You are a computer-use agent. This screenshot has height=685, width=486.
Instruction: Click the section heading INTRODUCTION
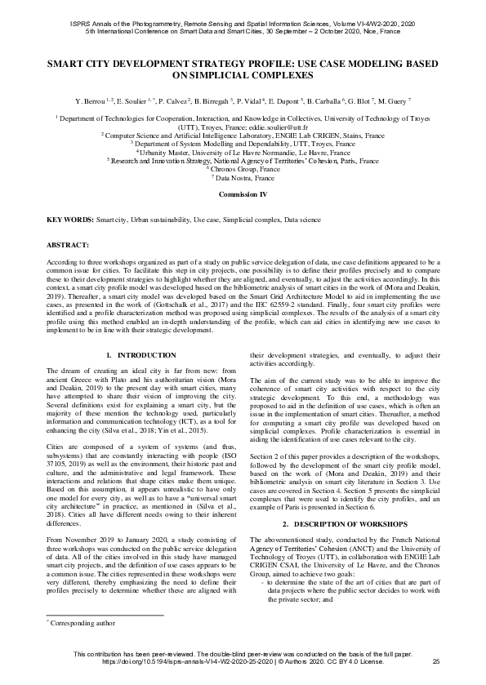coord(140,356)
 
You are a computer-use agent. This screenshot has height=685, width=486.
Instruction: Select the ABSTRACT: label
coord(69,244)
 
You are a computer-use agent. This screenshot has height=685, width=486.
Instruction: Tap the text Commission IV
coord(243,196)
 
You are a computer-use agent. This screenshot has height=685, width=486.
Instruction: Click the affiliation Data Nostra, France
coord(243,176)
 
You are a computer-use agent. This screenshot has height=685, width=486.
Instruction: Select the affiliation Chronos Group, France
coord(243,168)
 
